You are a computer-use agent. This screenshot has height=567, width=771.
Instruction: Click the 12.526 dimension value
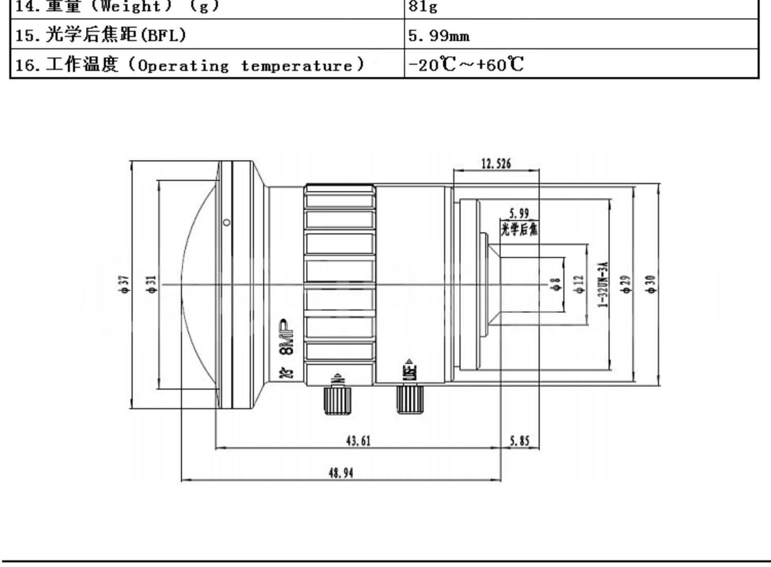[x=496, y=164]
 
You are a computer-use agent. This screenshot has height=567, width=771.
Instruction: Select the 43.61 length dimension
[x=358, y=441]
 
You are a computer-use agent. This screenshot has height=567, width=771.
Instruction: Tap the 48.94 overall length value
[x=341, y=473]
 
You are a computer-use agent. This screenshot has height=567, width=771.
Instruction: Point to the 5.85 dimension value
[x=519, y=441]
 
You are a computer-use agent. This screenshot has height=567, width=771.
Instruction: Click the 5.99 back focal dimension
[x=519, y=213]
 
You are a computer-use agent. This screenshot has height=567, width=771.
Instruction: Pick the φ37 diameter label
[x=125, y=284]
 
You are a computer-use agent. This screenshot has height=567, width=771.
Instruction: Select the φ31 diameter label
[x=152, y=284]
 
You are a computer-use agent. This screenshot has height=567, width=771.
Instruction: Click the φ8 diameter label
[x=555, y=284]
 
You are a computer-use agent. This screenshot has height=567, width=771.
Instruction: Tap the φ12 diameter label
[x=579, y=284]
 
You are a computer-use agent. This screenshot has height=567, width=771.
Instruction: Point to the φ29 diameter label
[x=626, y=284]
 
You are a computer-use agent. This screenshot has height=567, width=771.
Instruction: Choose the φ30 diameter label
[x=651, y=284]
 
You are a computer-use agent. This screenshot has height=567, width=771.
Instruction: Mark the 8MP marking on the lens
[x=286, y=337]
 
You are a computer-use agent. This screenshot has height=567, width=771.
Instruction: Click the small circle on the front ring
[x=227, y=223]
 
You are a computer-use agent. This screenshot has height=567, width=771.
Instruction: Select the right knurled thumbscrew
[x=410, y=398]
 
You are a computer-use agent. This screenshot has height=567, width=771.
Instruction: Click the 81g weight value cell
[x=423, y=7]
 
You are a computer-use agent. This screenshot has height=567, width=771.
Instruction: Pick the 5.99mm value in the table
[x=438, y=35]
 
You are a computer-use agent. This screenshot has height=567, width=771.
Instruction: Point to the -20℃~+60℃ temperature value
[x=466, y=65]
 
